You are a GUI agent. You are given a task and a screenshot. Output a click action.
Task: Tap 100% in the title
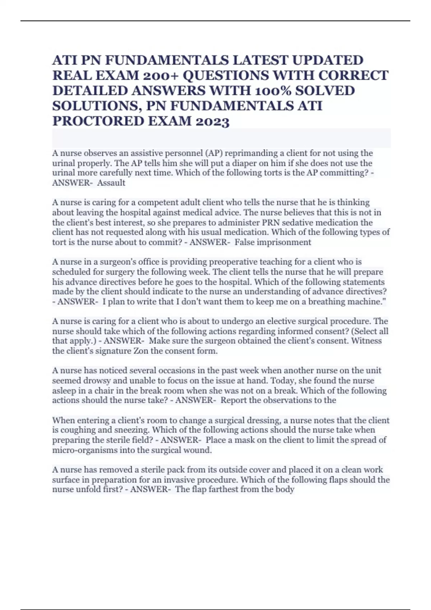(272, 91)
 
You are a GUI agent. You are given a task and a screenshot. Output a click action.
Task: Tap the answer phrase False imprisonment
(273, 242)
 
